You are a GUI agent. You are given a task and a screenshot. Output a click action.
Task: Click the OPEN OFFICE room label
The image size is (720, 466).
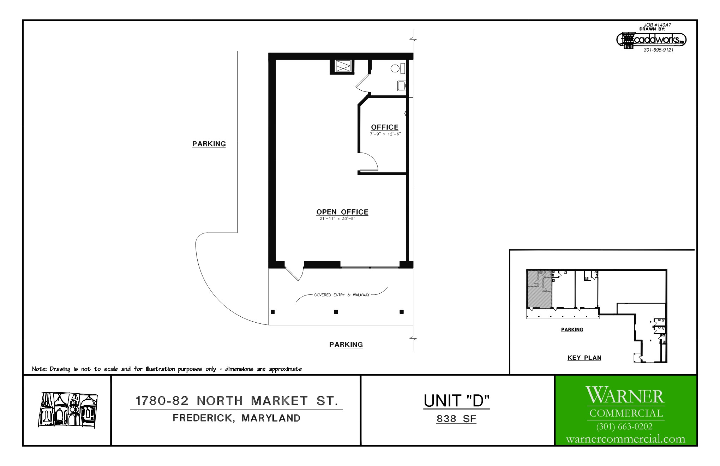(x=342, y=212)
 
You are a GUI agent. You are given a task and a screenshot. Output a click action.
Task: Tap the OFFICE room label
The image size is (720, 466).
(x=385, y=127)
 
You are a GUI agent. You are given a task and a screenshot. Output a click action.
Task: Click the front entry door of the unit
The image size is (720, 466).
(x=294, y=274)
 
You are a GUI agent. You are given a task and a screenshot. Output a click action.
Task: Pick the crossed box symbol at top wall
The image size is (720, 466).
(x=342, y=66)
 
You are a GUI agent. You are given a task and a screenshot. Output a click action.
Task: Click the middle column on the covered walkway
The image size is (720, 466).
(x=336, y=312)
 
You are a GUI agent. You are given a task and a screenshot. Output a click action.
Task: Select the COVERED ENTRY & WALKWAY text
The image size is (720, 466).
(x=342, y=295)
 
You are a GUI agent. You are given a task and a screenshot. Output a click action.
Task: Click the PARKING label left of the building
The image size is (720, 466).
(x=209, y=144)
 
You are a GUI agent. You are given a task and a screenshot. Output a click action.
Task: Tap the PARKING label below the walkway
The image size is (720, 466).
(x=346, y=345)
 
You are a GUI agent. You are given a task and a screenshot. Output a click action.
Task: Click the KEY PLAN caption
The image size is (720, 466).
(x=584, y=358)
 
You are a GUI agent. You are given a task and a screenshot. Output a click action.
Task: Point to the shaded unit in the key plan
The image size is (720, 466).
(x=539, y=289)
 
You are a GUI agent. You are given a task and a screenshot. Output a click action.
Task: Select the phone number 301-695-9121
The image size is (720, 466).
(x=659, y=50)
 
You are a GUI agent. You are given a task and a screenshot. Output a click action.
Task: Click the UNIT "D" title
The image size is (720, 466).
(x=456, y=401)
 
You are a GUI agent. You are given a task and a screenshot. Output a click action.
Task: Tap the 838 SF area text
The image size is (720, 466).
(x=456, y=419)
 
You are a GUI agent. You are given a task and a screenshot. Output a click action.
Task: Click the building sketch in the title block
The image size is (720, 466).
(x=68, y=410)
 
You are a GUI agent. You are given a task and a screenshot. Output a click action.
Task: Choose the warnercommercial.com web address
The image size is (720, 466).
(x=625, y=439)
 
